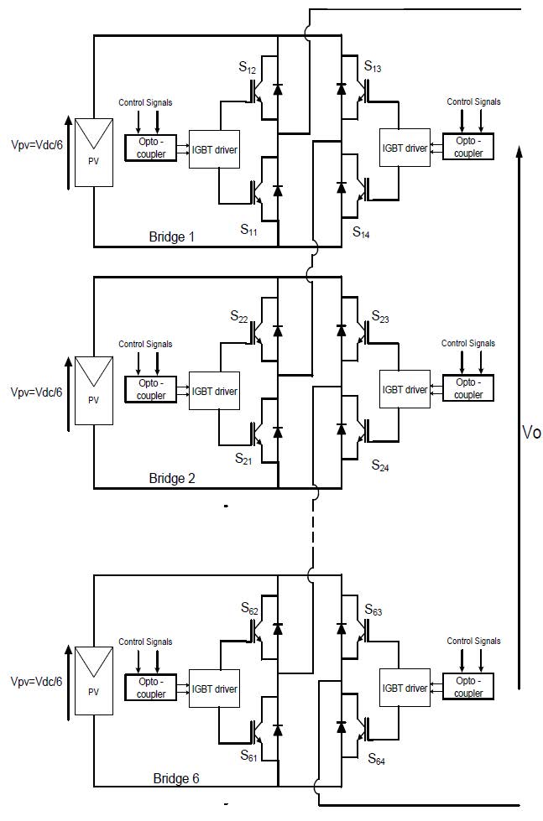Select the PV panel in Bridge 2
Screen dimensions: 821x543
(93, 393)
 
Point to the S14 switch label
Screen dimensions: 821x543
(362, 231)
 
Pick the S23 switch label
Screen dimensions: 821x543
(382, 318)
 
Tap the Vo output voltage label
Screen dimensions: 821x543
(530, 433)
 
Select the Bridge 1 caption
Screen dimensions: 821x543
(172, 237)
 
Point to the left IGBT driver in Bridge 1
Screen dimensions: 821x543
(215, 149)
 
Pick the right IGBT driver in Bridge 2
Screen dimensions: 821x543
(405, 390)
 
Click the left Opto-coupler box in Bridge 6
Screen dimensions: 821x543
(151, 688)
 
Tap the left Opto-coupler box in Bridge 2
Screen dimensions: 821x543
(151, 389)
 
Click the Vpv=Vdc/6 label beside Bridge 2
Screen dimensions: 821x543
(36, 392)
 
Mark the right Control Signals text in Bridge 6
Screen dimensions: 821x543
(473, 642)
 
